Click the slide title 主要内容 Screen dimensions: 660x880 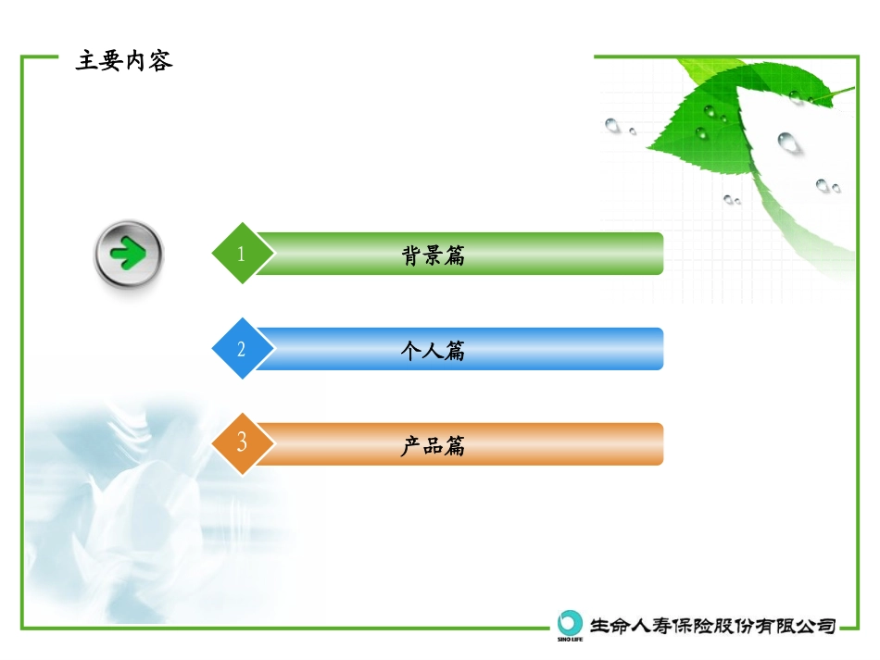point(124,62)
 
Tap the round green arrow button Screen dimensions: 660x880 point(129,254)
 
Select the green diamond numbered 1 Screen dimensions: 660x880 point(242,254)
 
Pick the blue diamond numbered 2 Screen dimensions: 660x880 point(242,349)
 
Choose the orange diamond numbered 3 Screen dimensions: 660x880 point(242,443)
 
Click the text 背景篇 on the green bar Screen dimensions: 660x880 point(433,255)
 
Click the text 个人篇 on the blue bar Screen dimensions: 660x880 point(433,351)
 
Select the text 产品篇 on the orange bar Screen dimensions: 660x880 point(433,446)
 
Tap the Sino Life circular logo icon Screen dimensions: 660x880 point(571,621)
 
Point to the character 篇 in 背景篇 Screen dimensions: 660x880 point(455,255)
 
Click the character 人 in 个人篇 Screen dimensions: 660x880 point(433,351)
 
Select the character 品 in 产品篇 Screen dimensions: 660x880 point(433,446)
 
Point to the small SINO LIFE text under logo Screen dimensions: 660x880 point(571,638)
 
